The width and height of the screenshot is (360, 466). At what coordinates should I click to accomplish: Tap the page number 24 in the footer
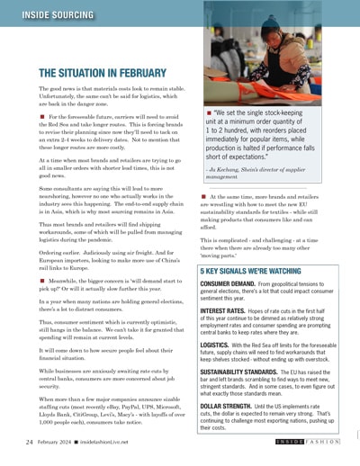point(30,443)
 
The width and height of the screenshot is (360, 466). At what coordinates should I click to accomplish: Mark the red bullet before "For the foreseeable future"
point(41,116)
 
